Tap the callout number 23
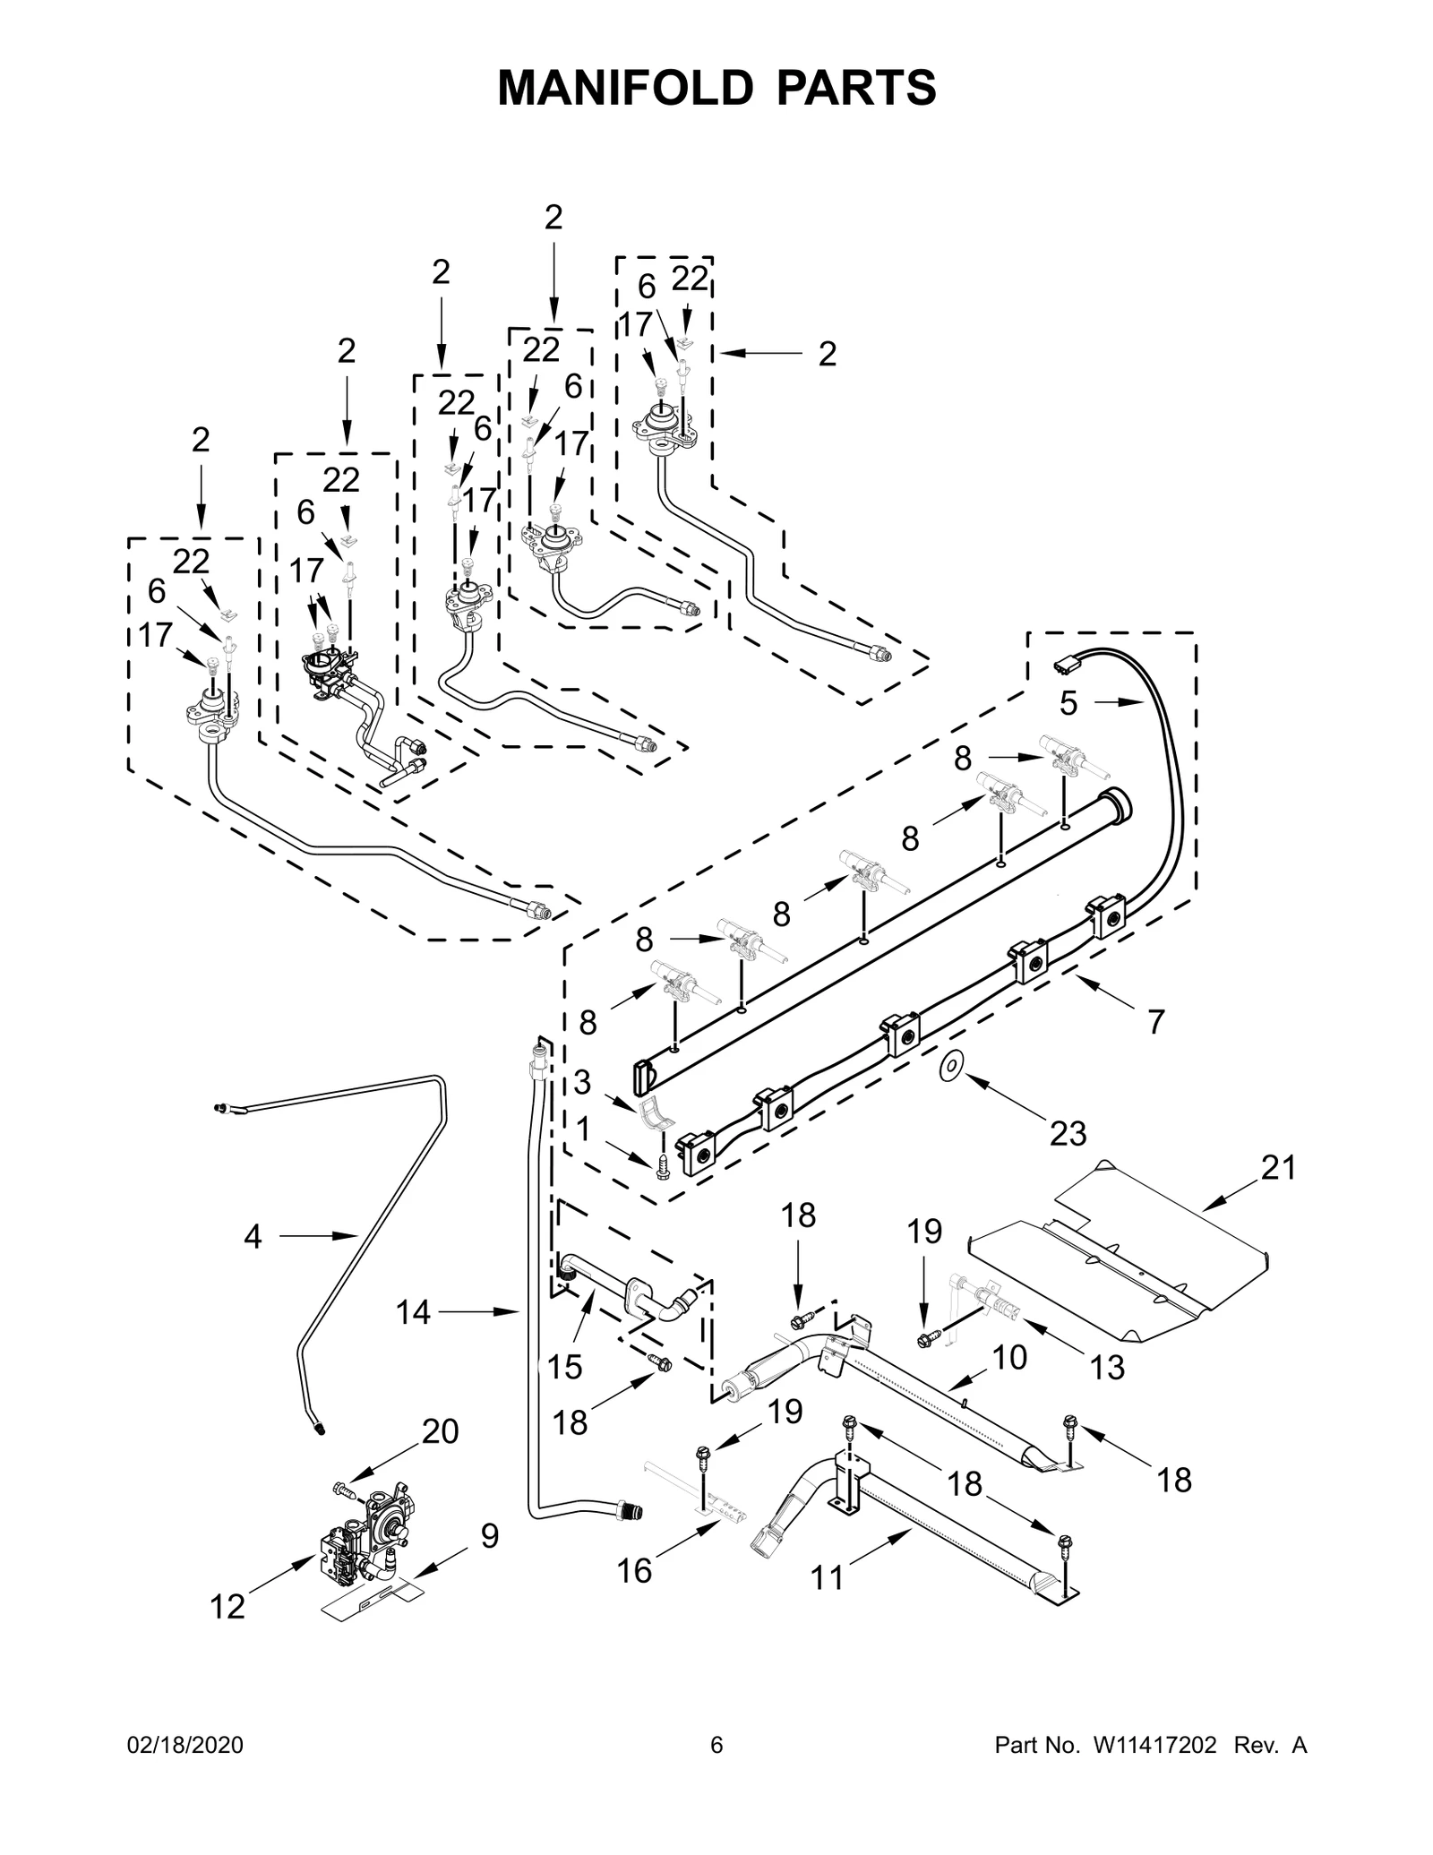(1068, 1133)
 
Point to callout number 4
(253, 1237)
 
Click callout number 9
(489, 1536)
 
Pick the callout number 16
(634, 1571)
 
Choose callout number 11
(827, 1603)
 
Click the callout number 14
(414, 1312)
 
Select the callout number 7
(1155, 1021)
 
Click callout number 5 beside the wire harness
(1068, 703)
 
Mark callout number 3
(582, 1082)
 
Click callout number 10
(1009, 1358)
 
